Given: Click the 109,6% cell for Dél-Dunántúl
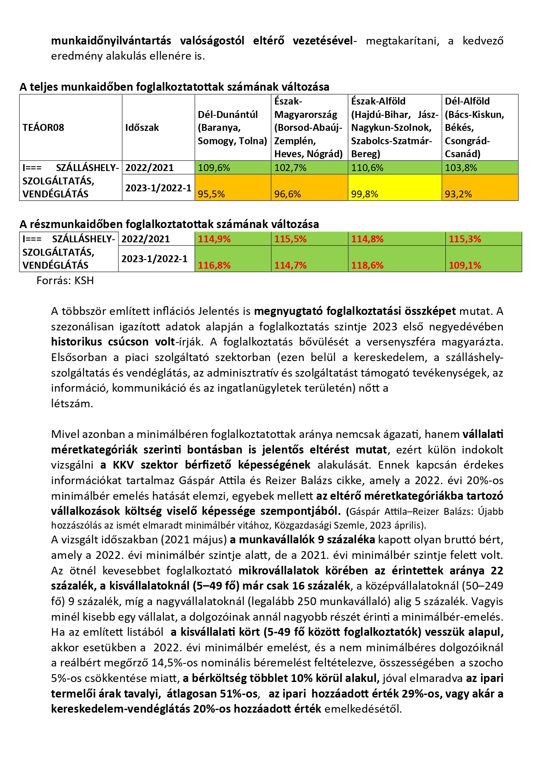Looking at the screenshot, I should click(214, 168).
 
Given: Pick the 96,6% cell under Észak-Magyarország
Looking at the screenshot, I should click(288, 194).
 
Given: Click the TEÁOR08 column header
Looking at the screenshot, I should click(43, 127).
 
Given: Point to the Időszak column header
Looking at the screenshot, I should click(142, 127).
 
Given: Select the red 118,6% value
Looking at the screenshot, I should click(367, 265).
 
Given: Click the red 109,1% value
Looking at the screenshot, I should click(465, 265).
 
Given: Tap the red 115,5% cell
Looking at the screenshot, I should click(290, 239).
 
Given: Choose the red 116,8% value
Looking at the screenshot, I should click(214, 265).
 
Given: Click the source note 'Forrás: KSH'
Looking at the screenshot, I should click(65, 280).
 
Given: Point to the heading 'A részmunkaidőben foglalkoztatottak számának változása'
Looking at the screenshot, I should click(169, 224).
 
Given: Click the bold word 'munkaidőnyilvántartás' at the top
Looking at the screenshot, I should click(111, 41).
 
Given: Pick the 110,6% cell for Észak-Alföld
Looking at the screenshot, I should click(367, 168).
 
